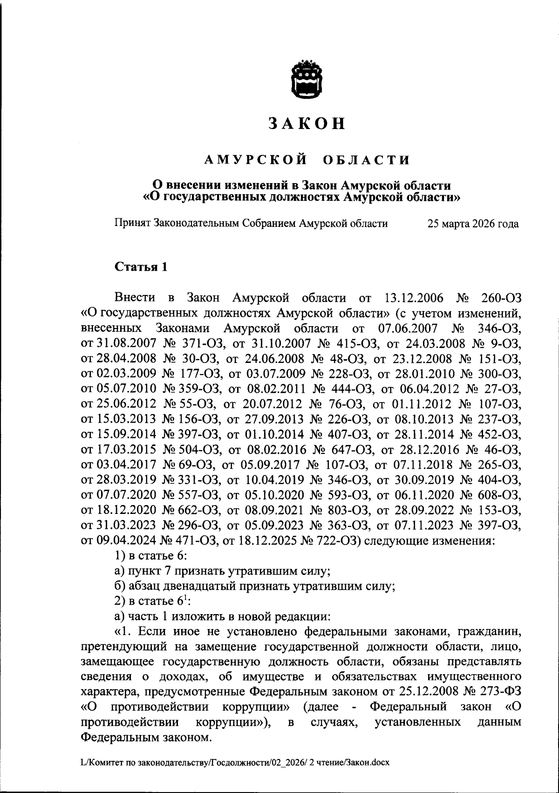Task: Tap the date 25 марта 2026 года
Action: pos(473,224)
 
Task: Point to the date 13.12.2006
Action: pos(416,297)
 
